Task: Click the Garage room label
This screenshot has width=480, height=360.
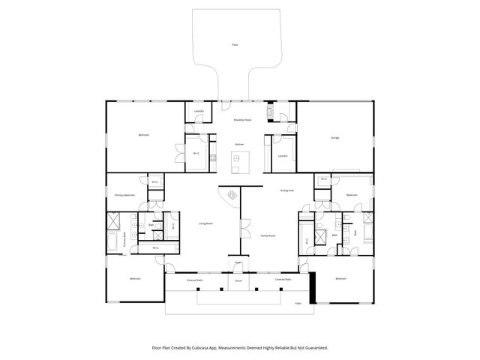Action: click(x=335, y=137)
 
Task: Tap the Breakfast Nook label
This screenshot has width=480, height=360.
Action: click(x=242, y=120)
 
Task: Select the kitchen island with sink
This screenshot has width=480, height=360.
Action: click(x=239, y=158)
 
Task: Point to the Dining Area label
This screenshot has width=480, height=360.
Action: click(x=286, y=190)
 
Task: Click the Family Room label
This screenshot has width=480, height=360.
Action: click(x=268, y=235)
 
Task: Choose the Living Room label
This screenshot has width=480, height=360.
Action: click(x=205, y=223)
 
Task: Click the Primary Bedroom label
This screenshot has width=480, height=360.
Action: click(x=124, y=195)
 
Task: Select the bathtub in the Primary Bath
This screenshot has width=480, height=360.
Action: click(x=113, y=242)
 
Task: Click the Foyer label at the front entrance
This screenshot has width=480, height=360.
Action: click(x=238, y=262)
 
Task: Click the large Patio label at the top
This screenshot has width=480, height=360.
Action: click(x=235, y=46)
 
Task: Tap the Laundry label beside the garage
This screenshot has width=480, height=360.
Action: click(x=282, y=156)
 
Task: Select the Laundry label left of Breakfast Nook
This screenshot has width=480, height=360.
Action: click(x=199, y=111)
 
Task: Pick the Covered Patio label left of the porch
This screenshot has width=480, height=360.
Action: click(x=195, y=280)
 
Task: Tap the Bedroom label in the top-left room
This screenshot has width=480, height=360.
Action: click(x=143, y=135)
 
